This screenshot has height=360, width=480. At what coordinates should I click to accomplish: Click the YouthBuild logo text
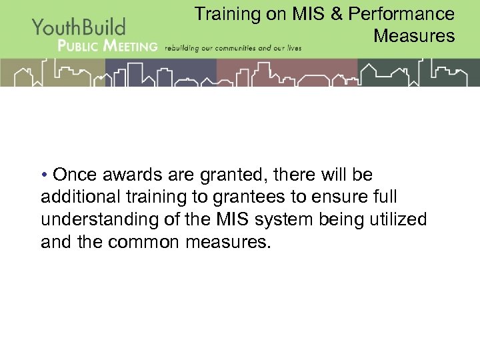point(79,27)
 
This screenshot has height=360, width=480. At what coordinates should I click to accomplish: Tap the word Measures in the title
point(414,35)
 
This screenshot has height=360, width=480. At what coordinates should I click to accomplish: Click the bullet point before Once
point(44,175)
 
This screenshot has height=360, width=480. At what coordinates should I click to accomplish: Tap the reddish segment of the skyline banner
point(287,73)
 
